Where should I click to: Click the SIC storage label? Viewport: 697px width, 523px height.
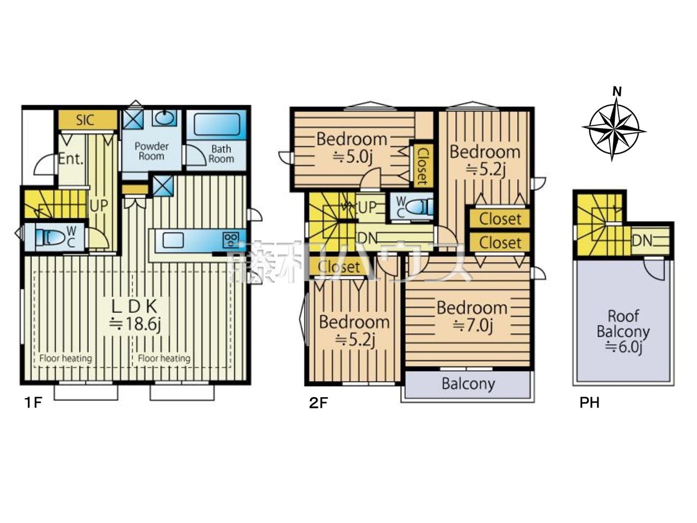pos(85,120)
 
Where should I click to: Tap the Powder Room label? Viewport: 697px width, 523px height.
pos(151,151)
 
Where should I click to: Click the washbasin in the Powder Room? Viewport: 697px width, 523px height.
pos(164,118)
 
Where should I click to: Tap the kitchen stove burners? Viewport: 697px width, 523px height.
pos(231,240)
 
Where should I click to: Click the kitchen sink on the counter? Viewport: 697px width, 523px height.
pos(173,240)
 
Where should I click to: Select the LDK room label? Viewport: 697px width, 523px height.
pos(134,307)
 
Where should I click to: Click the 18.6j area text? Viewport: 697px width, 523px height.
pos(135,325)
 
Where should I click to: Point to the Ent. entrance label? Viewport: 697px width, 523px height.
pos(71,159)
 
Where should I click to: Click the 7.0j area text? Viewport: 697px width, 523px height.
pos(473,326)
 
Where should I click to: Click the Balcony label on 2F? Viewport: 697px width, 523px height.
pos(468,384)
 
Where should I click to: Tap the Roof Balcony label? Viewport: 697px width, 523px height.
pos(623,324)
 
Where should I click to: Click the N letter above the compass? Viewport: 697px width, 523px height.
pos(616,92)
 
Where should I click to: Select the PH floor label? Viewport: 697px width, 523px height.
pos(590,403)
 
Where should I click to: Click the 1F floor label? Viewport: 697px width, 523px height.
pos(33,403)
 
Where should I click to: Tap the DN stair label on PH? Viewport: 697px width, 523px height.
pos(641,241)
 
